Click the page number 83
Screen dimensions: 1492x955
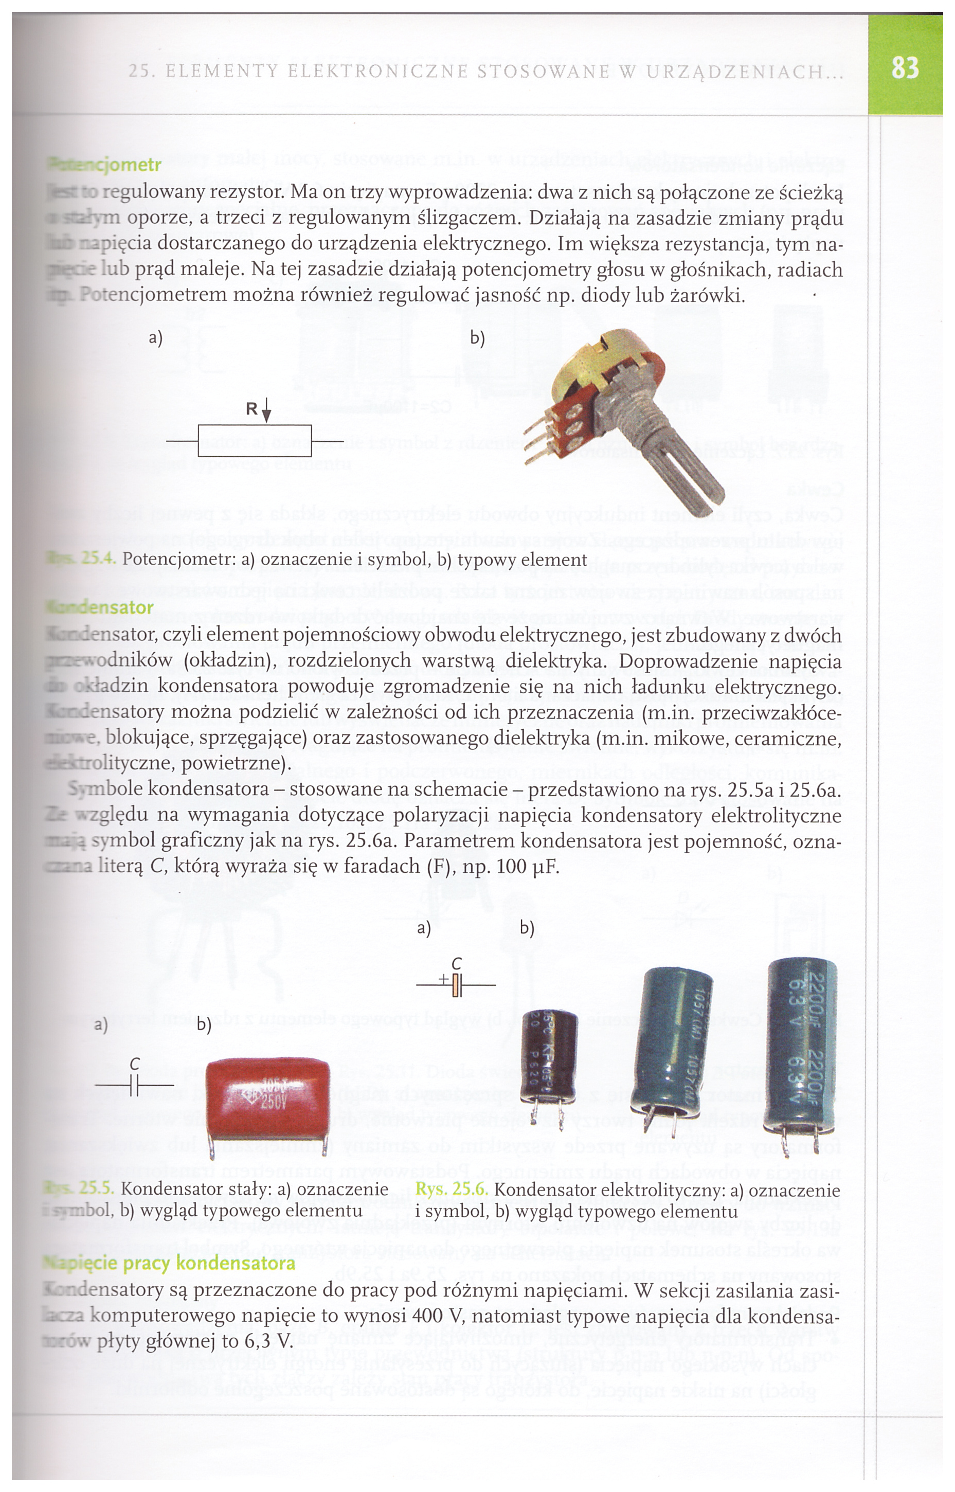click(905, 67)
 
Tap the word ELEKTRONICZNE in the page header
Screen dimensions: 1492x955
click(380, 72)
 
